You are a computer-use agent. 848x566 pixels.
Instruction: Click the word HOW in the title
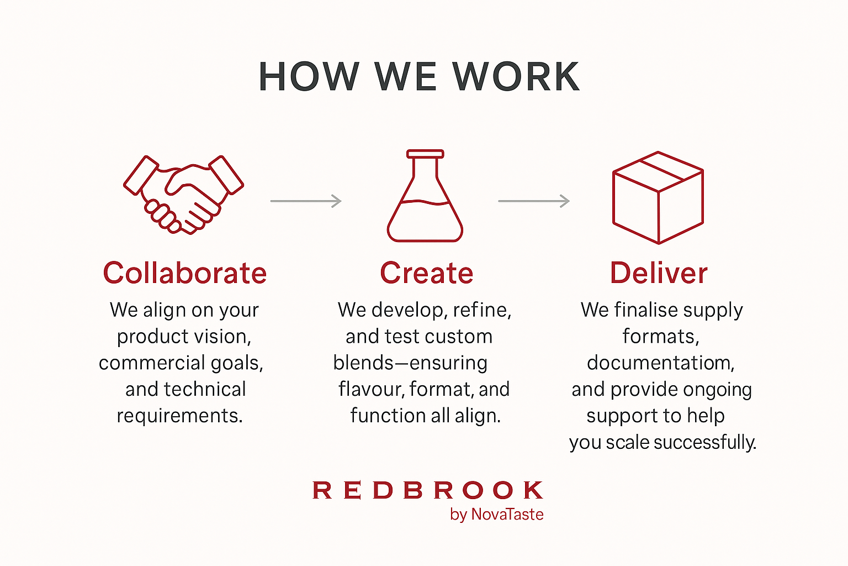[309, 76]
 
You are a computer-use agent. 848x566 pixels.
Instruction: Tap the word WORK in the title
[516, 76]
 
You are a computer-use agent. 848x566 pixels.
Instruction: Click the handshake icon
[184, 195]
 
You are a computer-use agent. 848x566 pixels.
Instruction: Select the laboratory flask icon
[425, 196]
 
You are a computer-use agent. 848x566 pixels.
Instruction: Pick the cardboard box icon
[658, 197]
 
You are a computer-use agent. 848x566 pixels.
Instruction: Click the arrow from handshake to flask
[306, 201]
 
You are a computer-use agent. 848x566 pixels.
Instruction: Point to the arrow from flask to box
[534, 201]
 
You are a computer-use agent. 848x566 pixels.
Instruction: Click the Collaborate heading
[185, 272]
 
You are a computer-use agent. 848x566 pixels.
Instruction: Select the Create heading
[427, 272]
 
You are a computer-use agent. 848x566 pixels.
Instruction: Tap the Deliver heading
[659, 272]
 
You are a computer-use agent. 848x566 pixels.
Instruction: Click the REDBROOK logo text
[428, 490]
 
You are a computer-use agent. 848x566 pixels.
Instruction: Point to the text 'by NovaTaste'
[497, 515]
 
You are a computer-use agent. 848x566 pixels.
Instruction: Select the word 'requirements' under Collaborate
[179, 416]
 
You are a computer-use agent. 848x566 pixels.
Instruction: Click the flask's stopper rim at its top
[425, 154]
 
